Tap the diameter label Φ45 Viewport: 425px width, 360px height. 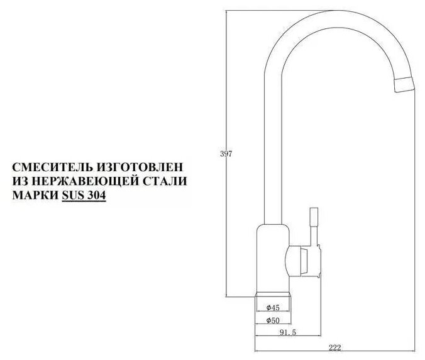point(272,308)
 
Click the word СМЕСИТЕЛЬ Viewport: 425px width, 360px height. point(52,169)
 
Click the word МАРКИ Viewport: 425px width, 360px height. point(35,195)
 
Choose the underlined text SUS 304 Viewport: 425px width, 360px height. point(83,195)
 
